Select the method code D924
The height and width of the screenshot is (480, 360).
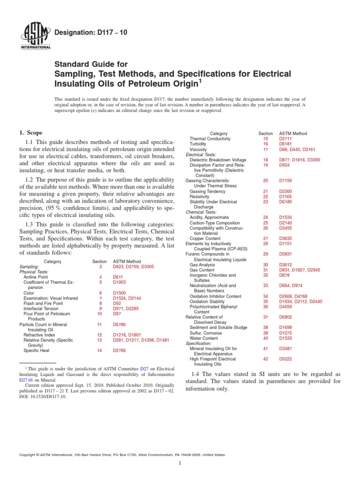(x=284, y=165)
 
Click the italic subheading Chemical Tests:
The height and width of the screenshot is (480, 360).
(x=201, y=212)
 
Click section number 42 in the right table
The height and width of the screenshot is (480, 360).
(x=266, y=359)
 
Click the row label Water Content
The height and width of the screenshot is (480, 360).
(x=203, y=338)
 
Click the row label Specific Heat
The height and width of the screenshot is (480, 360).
(x=37, y=350)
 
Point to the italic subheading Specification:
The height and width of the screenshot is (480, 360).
(x=200, y=343)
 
